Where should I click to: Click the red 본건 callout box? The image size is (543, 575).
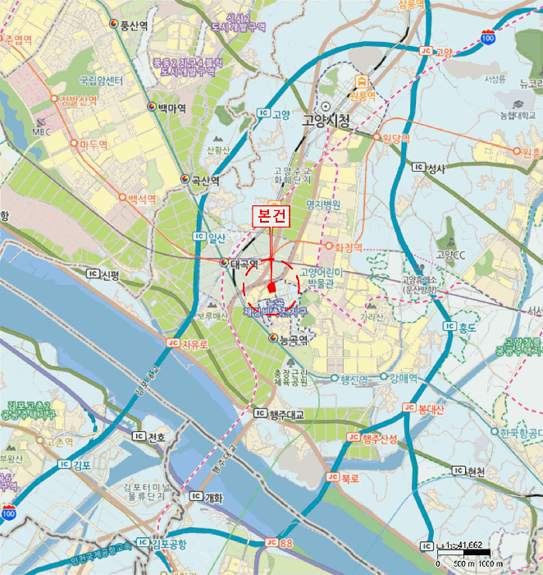(x=270, y=216)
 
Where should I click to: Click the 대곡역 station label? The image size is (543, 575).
(x=243, y=264)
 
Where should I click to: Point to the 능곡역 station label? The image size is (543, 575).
(x=292, y=338)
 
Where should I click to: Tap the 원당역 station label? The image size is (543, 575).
(x=395, y=138)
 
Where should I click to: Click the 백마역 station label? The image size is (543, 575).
(x=172, y=108)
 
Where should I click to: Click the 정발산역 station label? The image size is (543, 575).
(x=79, y=100)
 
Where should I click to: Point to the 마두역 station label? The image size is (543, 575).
(x=94, y=144)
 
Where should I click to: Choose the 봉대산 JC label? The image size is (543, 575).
(x=430, y=407)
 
